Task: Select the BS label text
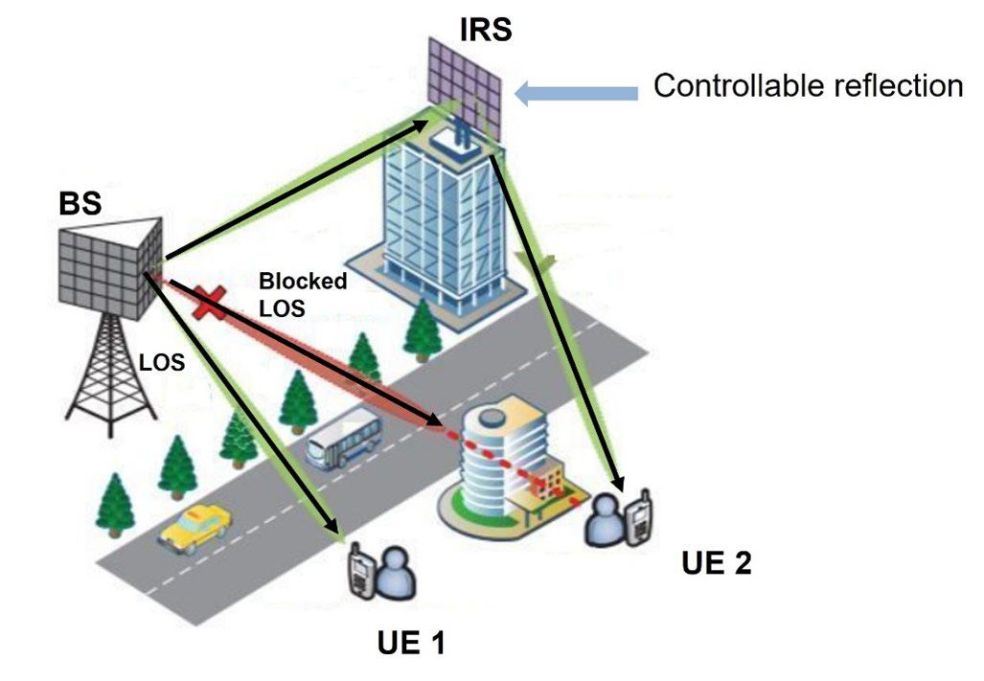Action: [x=80, y=204]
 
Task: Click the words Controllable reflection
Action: [x=808, y=86]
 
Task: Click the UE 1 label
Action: [x=410, y=643]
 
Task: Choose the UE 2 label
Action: [x=716, y=562]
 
